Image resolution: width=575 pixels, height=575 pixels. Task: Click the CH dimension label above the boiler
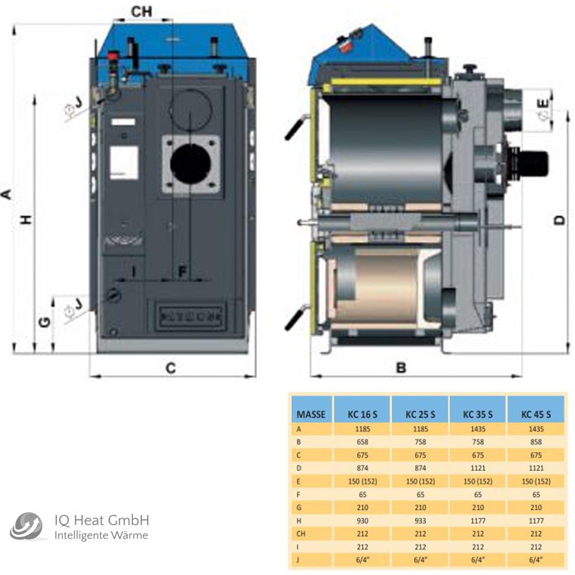pos(142,11)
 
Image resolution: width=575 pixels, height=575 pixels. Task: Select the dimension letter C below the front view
pos(171,368)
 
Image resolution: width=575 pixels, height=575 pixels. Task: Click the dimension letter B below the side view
pos(401,368)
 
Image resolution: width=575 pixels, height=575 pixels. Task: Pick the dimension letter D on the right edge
pos(561,220)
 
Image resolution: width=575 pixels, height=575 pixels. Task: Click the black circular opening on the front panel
pos(190,164)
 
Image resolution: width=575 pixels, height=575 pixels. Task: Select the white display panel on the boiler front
pos(124,162)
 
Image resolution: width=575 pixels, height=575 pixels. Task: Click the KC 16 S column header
pos(362,413)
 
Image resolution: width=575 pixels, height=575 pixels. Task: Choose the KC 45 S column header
pos(536,413)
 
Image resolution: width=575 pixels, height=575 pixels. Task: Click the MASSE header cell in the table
pos(311,413)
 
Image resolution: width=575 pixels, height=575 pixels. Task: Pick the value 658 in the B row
pos(362,442)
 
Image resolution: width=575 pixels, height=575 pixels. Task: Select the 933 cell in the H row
pos(420,521)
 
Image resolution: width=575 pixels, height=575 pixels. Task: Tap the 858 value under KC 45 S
pos(536,442)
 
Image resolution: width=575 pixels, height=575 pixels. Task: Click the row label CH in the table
pos(301,534)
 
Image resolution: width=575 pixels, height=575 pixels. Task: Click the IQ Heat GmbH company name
pos(102,521)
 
